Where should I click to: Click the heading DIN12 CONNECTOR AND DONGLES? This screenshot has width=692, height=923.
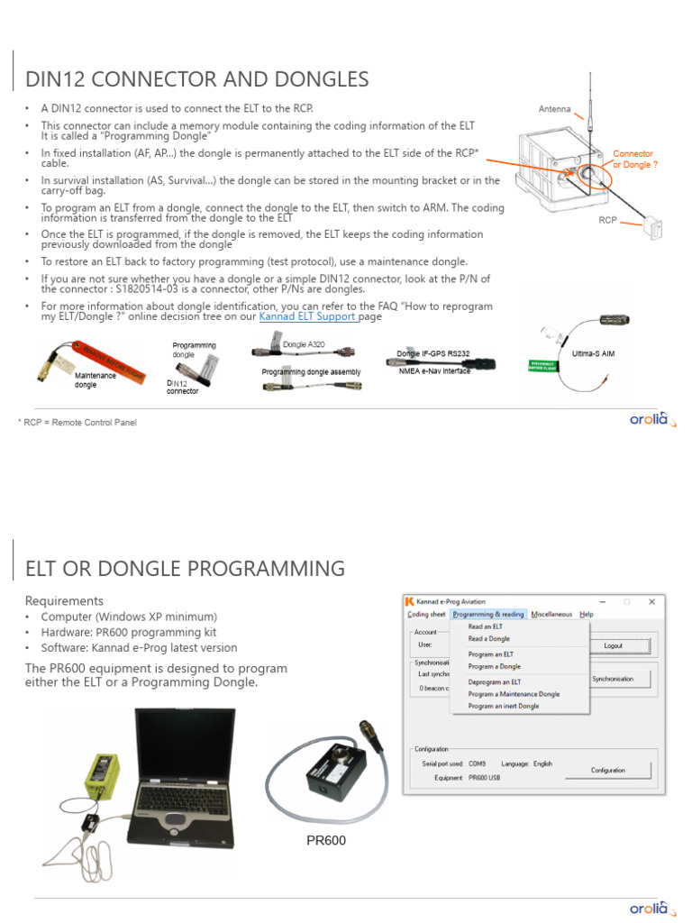coord(197,79)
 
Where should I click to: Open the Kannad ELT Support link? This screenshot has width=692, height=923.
coord(307,316)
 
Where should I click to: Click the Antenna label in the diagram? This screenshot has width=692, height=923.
coord(554,109)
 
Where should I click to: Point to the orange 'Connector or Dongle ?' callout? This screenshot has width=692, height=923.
coord(633,160)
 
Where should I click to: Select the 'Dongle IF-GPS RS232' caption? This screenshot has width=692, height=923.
coord(432,354)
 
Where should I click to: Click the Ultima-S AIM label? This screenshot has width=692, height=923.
coord(593,354)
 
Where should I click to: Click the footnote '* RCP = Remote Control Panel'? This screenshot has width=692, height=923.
coord(77,422)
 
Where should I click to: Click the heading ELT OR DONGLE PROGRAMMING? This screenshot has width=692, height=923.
coord(185,569)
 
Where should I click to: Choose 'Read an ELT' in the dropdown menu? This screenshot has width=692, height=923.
coord(486,626)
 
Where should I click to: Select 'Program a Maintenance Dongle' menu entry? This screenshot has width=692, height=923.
coord(514,694)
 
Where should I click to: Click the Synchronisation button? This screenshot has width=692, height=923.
coord(612,679)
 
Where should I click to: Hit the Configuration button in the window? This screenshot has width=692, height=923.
coord(607,771)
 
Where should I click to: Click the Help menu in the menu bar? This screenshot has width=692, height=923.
coord(587,614)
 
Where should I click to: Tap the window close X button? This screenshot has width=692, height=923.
coord(651,601)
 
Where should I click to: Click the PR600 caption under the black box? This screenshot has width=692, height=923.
coord(326,841)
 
